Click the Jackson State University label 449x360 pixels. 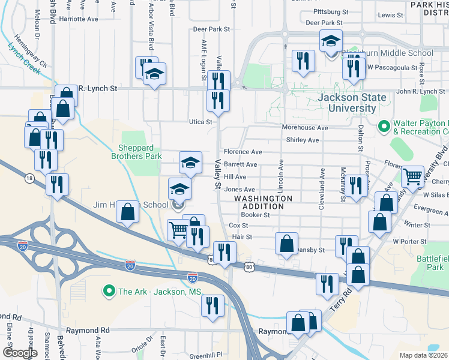(344, 103)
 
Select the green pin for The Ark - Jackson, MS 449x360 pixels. (109, 292)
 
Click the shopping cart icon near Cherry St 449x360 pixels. (412, 176)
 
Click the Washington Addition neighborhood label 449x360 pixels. (263, 202)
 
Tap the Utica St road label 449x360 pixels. (201, 122)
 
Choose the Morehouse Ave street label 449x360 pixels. (306, 128)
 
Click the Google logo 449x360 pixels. (20, 353)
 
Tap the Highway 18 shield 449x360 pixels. (29, 178)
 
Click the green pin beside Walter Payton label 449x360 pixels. (384, 127)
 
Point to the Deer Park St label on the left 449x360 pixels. (211, 29)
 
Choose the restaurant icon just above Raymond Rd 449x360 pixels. (212, 305)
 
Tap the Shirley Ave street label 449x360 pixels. (303, 140)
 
